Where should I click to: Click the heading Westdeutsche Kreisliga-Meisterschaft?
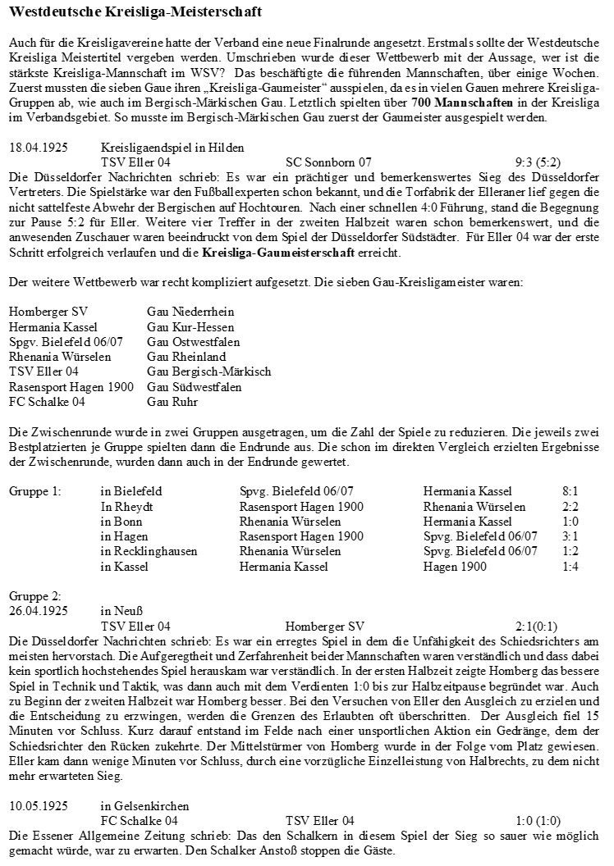[135, 13]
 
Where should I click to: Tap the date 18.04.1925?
[38, 148]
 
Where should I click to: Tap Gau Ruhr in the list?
[172, 402]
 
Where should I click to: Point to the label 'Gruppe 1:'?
[34, 491]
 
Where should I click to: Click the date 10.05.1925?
[38, 805]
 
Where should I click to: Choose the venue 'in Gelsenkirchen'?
[144, 805]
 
